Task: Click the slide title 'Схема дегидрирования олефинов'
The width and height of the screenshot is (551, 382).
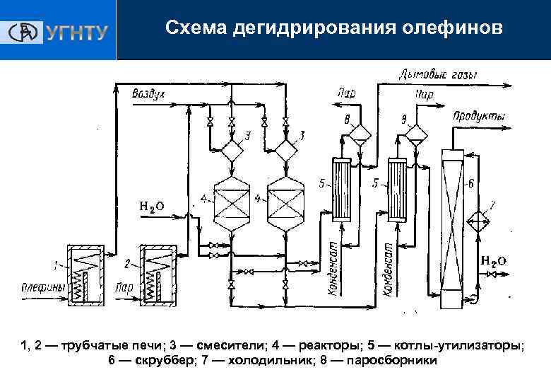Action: point(334,28)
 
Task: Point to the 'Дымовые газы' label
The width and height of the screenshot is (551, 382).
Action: point(439,74)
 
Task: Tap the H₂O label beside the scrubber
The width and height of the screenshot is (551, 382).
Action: point(493,260)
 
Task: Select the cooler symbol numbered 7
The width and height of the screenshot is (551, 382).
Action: point(482,221)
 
